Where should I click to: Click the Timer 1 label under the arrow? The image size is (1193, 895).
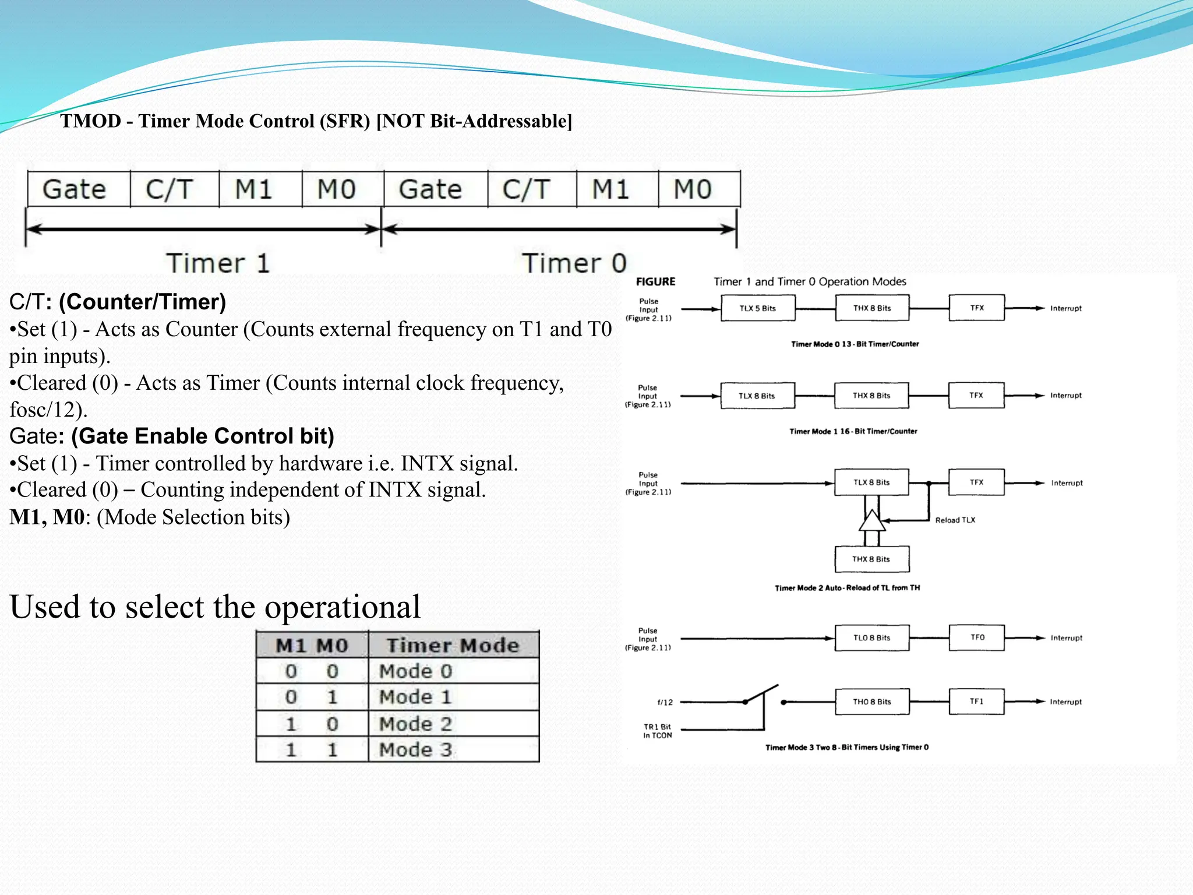(x=218, y=263)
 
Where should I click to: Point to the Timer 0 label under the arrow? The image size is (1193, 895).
(x=574, y=263)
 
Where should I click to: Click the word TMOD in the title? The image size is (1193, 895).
(x=90, y=121)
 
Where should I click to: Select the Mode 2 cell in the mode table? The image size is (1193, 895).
(x=415, y=724)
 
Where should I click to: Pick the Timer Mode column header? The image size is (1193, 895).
(x=453, y=645)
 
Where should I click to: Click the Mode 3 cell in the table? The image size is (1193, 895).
(x=415, y=749)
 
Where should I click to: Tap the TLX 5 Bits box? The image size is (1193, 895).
(x=757, y=308)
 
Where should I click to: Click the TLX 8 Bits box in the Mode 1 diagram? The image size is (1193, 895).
(x=757, y=396)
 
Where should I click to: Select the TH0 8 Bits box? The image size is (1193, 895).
(x=871, y=702)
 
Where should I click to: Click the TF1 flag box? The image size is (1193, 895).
(x=976, y=702)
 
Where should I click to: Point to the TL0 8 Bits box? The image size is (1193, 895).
(x=871, y=637)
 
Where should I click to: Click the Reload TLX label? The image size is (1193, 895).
(x=955, y=520)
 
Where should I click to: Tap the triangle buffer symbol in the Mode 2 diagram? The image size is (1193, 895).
(x=872, y=522)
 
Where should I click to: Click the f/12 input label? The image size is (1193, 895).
(x=665, y=702)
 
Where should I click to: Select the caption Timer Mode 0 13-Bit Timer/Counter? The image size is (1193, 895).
(x=855, y=344)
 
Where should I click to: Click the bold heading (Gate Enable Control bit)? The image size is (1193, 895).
(x=202, y=436)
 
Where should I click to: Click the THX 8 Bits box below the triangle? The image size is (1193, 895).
(x=871, y=559)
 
